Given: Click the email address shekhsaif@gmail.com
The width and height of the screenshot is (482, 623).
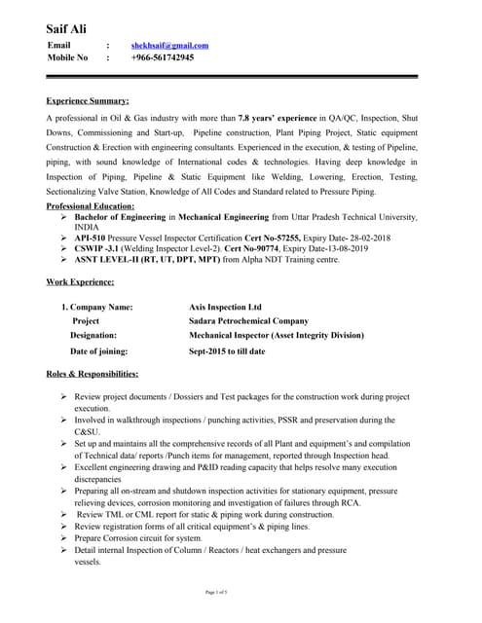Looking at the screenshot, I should pos(169,46).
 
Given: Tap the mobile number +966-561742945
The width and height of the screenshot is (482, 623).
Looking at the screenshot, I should pos(162,58).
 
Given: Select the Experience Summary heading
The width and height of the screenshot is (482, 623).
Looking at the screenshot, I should pos(88,100).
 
